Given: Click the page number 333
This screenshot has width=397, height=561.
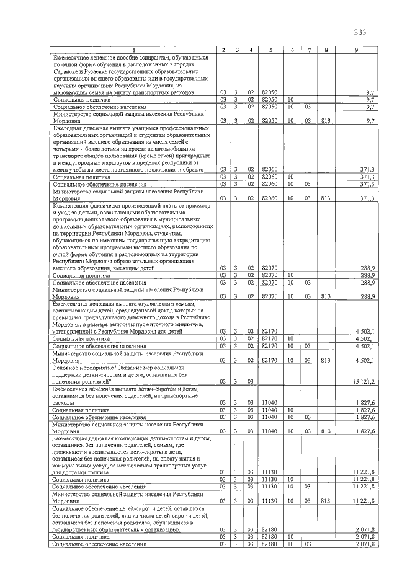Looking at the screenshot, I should (x=360, y=32).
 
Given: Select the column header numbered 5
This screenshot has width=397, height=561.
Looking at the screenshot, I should (x=268, y=50).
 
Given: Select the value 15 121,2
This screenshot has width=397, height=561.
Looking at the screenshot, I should (x=362, y=381).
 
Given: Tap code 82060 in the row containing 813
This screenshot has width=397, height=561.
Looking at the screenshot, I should (x=269, y=198).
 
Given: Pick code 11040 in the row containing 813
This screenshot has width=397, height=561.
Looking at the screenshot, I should (x=269, y=430).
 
